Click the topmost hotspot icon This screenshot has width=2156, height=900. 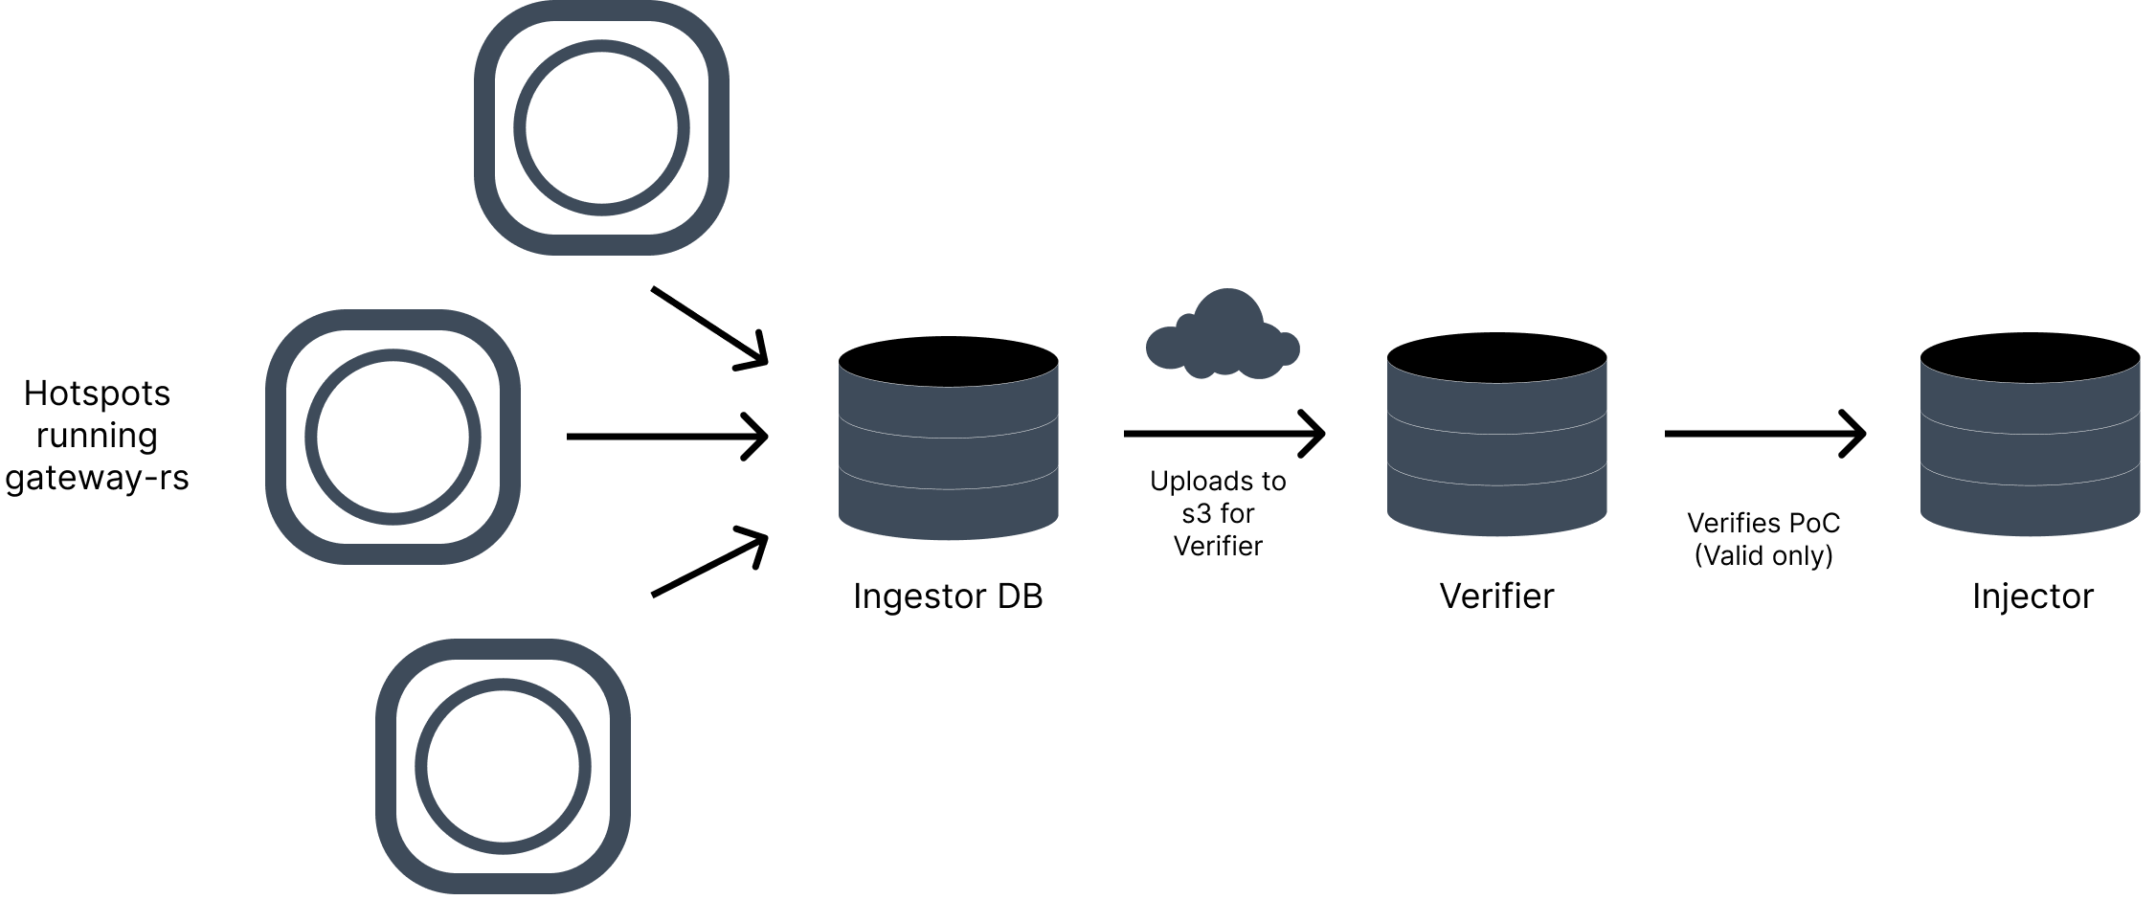(x=601, y=127)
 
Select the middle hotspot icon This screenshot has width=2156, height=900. (x=393, y=437)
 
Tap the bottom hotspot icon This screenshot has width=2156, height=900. (x=503, y=766)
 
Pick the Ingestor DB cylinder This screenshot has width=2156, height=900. (x=948, y=438)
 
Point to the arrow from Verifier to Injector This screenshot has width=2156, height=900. (x=1764, y=434)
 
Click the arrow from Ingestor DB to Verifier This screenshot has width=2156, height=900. (x=1224, y=434)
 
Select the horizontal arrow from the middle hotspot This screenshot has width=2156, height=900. (x=667, y=437)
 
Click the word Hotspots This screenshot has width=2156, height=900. (x=97, y=394)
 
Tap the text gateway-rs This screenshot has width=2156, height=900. (x=97, y=477)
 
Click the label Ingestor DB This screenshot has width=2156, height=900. (x=948, y=596)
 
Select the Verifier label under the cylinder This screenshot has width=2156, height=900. (x=1496, y=596)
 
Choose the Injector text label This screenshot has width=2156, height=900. (x=2032, y=596)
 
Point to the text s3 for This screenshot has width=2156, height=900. (x=1218, y=514)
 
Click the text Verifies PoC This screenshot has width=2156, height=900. (x=1763, y=523)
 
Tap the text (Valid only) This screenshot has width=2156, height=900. (x=1763, y=555)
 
